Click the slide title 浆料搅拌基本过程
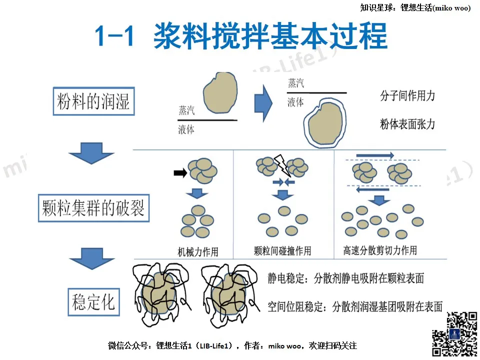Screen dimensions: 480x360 pos(270,36)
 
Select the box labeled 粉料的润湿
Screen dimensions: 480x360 pos(93,101)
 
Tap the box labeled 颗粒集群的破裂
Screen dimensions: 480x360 pos(93,208)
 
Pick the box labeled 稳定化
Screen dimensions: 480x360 pos(93,302)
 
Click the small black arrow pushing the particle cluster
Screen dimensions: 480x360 pos(180,173)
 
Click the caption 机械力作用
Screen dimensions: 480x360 pos(198,252)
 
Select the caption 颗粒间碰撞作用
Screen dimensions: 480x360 pos(282,251)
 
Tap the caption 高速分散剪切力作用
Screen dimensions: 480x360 pos(380,250)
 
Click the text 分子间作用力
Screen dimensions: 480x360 pos(407,95)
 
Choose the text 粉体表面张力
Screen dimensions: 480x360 pos(407,124)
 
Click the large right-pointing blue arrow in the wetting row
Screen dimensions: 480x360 pos(263,103)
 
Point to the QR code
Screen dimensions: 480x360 pos(454,334)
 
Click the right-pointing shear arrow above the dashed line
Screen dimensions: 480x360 pos(375,155)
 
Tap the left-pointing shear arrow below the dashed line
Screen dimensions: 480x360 pos(372,190)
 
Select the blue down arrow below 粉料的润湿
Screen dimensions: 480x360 pos(91,153)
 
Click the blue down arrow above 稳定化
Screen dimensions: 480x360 pos(92,258)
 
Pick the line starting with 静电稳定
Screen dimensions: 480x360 pos(345,278)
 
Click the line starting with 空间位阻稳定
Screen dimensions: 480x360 pos(355,306)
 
